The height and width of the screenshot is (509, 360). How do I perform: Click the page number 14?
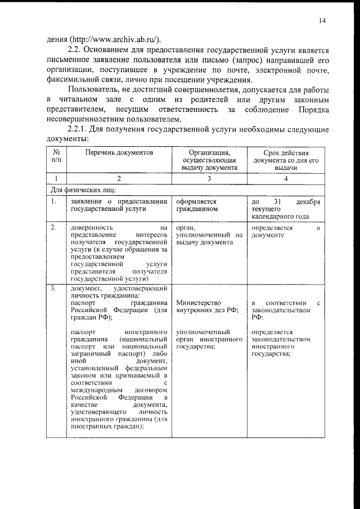pos(321,21)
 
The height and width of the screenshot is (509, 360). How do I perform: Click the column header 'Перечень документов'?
pos(119,152)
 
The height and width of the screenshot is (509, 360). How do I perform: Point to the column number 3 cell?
pos(209,178)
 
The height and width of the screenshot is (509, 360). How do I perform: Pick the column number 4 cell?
pos(286,178)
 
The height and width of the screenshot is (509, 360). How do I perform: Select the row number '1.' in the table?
pos(52,201)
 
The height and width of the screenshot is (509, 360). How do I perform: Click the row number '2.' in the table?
pos(52,227)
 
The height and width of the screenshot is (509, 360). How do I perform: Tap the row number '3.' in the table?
pos(52,289)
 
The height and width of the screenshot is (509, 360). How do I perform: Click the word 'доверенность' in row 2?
pos(92,227)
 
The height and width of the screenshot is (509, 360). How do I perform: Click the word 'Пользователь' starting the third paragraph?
pos(93,90)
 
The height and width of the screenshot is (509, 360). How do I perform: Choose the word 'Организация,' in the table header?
pos(209,152)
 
